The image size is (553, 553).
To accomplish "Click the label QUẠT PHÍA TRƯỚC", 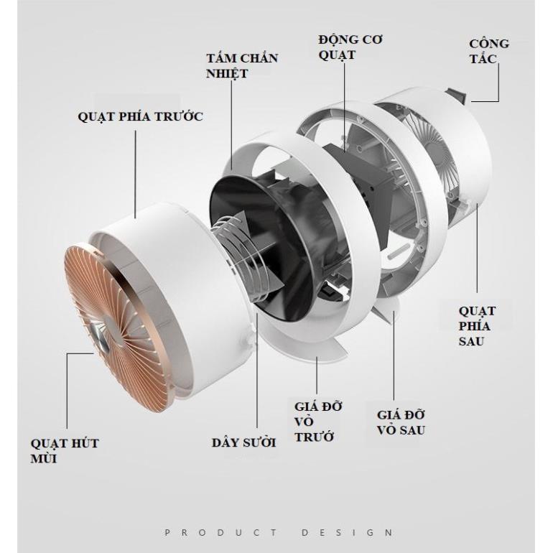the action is click(140, 116).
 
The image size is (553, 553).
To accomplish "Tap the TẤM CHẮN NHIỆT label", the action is click(242, 65).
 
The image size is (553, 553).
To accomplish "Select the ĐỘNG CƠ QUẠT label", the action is click(350, 47).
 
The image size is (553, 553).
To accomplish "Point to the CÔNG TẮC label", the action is click(489, 52).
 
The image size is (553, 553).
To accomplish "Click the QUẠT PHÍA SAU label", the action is click(477, 326).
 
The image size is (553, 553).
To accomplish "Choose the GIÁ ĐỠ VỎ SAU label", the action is click(401, 422).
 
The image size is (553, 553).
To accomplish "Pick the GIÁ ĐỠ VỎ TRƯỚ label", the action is click(318, 422).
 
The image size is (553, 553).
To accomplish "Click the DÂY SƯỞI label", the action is click(243, 442).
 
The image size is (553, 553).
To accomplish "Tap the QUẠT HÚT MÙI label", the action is click(65, 451).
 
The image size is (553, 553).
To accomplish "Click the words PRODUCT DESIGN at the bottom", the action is click(279, 532).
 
